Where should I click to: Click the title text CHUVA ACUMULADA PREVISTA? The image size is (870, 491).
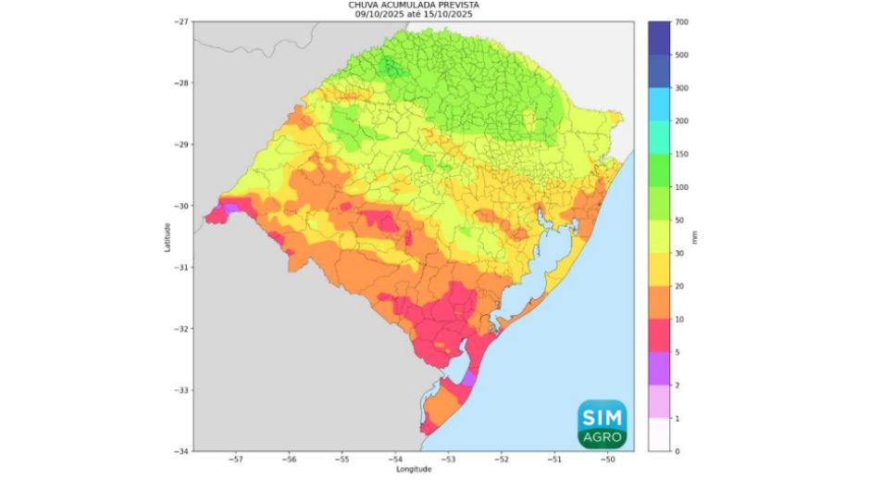(x=414, y=5)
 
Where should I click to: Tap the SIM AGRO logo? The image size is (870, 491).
(x=603, y=423)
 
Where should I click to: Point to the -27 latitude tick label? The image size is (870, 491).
(x=181, y=21)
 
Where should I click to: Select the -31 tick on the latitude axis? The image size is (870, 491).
(x=181, y=268)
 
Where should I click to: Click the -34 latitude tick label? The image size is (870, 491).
(x=181, y=451)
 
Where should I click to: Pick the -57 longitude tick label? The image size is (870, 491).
(x=236, y=460)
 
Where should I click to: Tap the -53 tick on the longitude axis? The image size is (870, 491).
(x=449, y=460)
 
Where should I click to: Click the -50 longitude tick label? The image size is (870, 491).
(x=608, y=460)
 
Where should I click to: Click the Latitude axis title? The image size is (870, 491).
(x=168, y=236)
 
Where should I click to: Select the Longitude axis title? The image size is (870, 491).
(x=414, y=470)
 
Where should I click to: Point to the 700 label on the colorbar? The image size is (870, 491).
(x=682, y=21)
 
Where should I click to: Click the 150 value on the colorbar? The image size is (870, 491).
(x=682, y=154)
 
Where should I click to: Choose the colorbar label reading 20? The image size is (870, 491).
(x=680, y=286)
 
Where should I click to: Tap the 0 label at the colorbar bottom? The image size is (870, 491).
(x=678, y=451)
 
